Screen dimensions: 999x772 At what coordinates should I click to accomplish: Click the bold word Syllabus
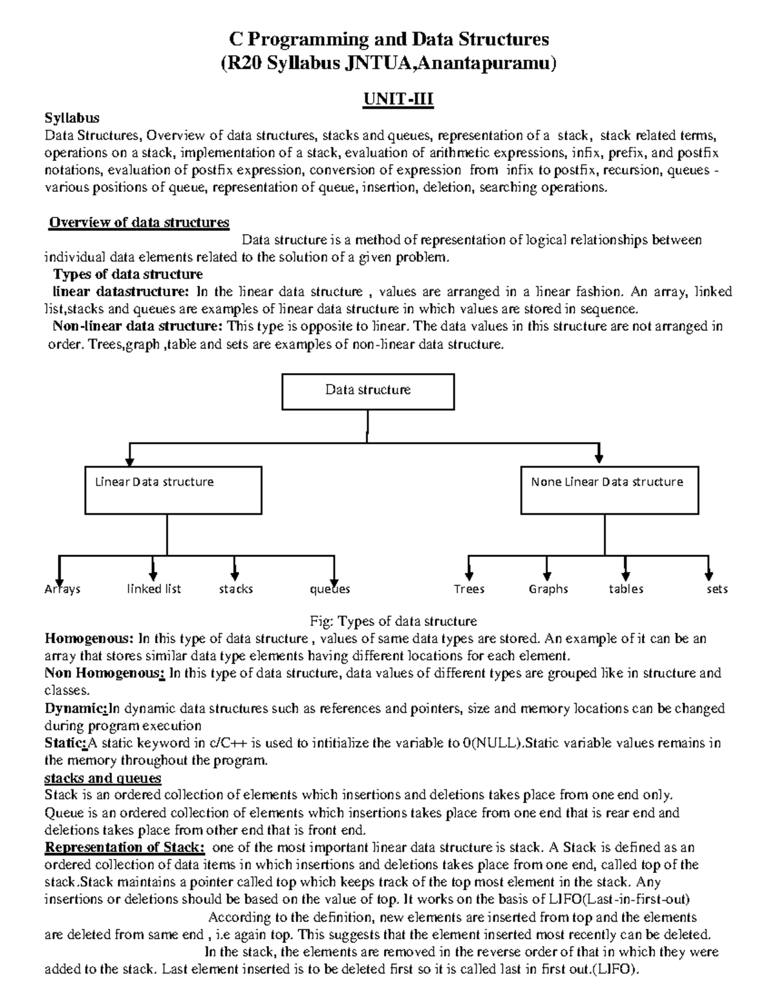coord(71,118)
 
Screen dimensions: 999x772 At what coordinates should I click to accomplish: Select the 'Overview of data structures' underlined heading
coord(139,223)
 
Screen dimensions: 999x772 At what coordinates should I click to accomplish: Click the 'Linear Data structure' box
coord(173,491)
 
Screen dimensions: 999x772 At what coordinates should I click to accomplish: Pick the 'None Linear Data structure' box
coord(609,491)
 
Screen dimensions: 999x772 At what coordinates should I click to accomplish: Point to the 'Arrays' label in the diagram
coord(62,589)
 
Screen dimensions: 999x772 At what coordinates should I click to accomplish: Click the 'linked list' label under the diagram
coord(154,589)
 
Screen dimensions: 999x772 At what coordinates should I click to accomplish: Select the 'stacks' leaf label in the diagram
coord(235,589)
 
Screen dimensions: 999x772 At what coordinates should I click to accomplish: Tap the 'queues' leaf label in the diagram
coord(330,589)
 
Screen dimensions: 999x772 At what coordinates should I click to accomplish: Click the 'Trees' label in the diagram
coord(469,589)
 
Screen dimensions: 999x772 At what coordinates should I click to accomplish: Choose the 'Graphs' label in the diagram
coord(548,589)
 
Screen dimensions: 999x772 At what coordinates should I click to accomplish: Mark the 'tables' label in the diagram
coord(626,589)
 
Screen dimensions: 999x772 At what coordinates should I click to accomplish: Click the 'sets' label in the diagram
coord(717,589)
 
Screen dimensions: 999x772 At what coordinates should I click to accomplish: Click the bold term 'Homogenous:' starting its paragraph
coord(89,639)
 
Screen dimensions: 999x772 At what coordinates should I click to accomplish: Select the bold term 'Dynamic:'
coord(75,709)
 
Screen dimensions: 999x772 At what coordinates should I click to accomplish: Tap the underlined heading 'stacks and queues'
coord(102,778)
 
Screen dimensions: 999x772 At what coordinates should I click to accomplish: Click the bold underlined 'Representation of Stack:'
coord(124,847)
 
